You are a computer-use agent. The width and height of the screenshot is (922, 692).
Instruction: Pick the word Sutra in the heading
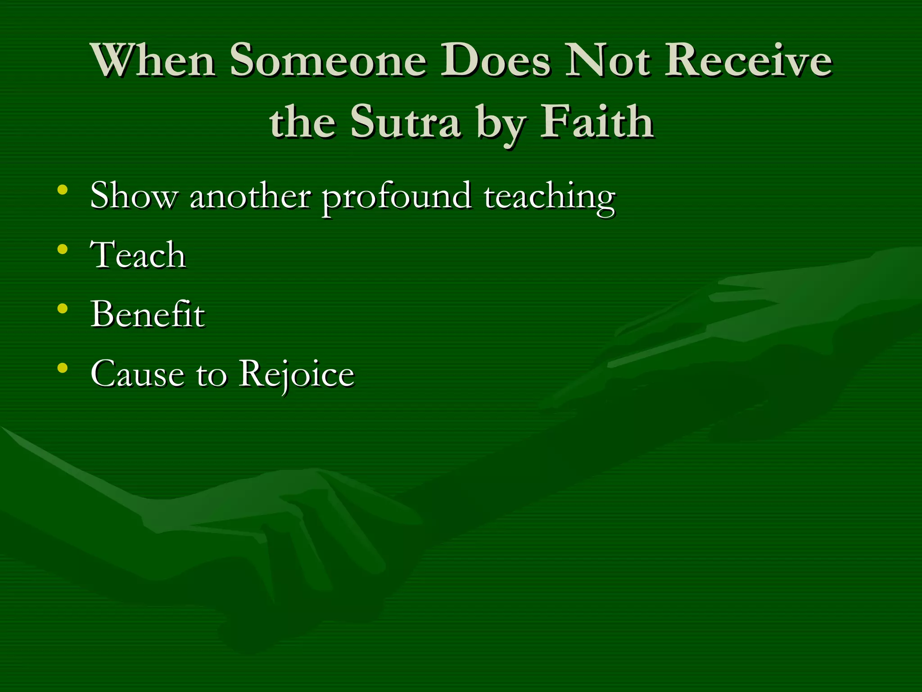(x=405, y=122)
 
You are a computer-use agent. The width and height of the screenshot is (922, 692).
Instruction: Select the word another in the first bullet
(x=250, y=196)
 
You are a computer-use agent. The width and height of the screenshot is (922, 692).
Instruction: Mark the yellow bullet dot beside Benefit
(x=63, y=309)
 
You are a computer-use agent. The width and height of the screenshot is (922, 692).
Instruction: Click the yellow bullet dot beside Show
(x=63, y=190)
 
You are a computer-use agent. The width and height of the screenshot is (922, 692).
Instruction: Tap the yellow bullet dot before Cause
(x=63, y=368)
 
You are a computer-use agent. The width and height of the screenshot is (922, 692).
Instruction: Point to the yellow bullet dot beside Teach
(x=63, y=249)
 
